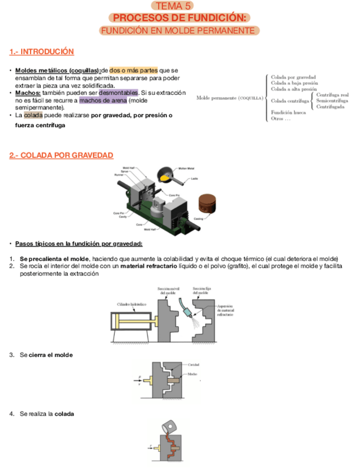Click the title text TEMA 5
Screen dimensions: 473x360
[179, 6]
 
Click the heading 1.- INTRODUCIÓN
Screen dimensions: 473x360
[42, 52]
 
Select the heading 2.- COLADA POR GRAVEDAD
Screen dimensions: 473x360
[61, 155]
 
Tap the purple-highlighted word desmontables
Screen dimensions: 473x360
[118, 93]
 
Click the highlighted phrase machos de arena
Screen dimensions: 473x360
[103, 100]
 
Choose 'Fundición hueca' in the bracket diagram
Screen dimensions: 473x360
[288, 113]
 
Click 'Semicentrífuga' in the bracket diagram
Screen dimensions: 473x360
[332, 101]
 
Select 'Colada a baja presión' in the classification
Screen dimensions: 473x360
[294, 83]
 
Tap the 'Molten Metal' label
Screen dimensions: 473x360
[187, 167]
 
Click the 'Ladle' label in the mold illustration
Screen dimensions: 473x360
[194, 178]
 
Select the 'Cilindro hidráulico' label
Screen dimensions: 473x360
[132, 303]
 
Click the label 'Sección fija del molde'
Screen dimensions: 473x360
[201, 290]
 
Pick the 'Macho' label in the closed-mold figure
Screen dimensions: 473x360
[193, 374]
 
